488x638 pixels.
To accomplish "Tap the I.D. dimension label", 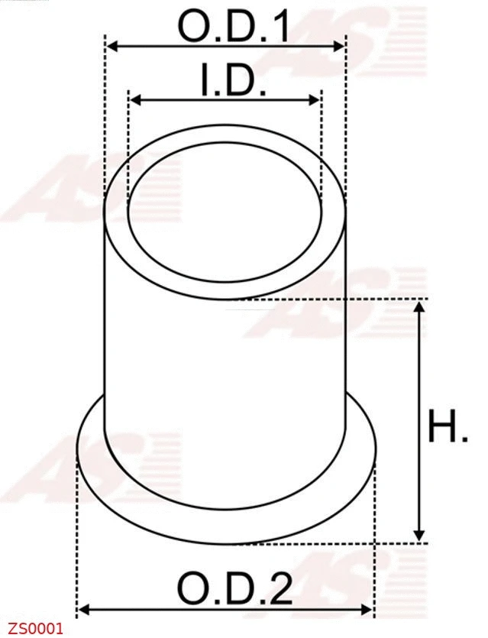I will point(234,80).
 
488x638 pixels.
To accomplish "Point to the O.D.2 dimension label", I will point(234,589).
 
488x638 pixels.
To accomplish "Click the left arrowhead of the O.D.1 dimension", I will point(111,47).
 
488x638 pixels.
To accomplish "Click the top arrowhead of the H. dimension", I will point(419,307).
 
